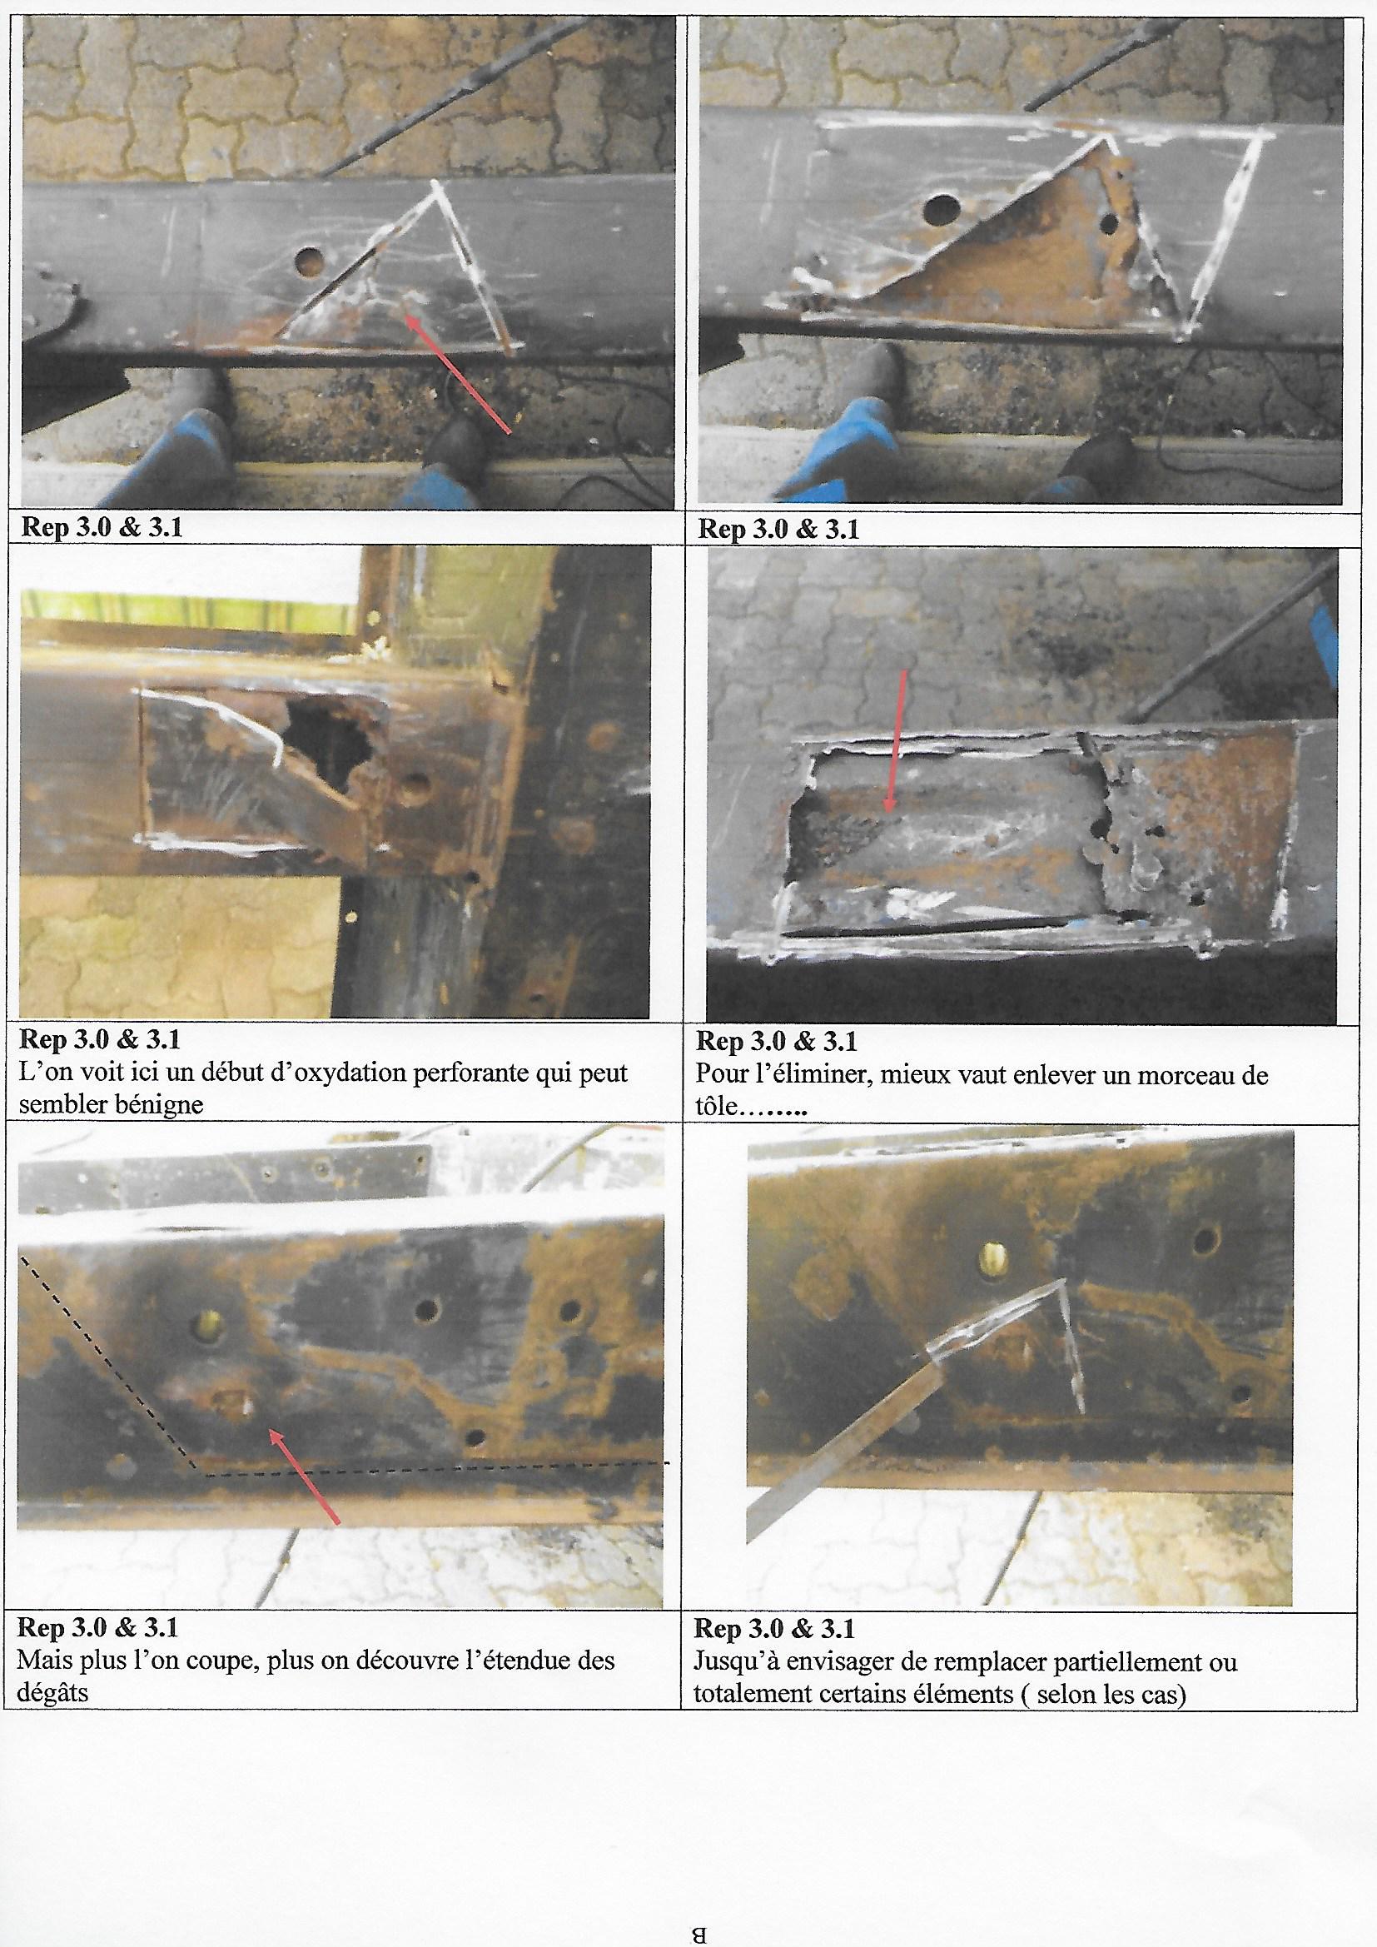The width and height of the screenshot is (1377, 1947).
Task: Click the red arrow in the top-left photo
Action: click(x=459, y=374)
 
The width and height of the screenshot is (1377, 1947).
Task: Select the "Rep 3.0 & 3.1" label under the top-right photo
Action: click(x=778, y=529)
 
